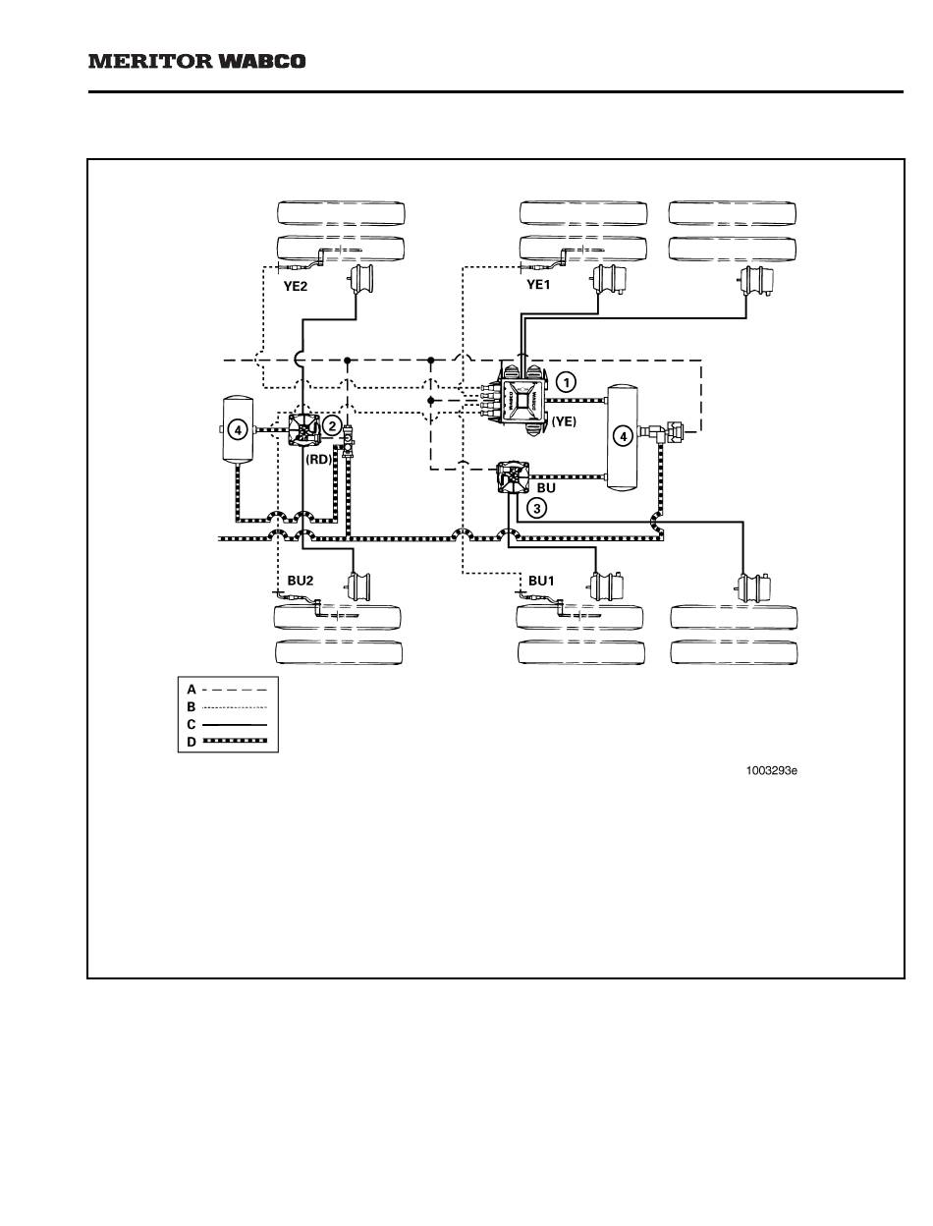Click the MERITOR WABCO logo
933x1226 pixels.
197,61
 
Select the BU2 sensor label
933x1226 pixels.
300,581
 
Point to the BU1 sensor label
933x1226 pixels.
541,581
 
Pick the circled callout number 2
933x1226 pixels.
333,425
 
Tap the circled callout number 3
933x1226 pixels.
536,508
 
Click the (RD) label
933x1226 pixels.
319,457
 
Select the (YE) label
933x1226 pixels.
563,420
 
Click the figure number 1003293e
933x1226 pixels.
771,770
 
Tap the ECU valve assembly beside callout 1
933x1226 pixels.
521,400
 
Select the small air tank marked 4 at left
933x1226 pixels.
237,429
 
